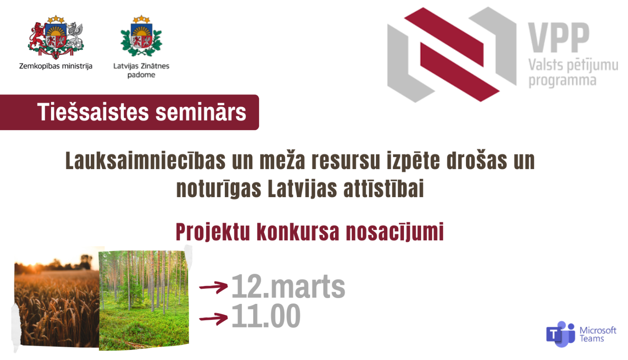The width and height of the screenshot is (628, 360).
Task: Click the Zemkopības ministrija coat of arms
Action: [56, 37]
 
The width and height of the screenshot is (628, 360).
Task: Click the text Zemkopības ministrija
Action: [56, 66]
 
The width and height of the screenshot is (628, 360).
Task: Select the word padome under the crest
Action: [142, 75]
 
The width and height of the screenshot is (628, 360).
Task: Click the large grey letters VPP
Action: [559, 38]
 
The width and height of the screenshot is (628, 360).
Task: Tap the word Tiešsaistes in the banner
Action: [93, 112]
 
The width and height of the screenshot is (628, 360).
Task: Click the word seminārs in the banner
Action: [201, 113]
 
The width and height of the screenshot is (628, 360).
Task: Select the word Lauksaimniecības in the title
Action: [145, 161]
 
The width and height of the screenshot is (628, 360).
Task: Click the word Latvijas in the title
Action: [302, 189]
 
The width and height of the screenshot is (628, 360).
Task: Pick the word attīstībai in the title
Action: [383, 188]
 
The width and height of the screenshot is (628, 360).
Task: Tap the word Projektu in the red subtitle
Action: [213, 232]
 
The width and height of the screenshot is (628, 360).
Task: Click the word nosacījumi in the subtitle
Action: [395, 232]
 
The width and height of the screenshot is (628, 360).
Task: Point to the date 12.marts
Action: [288, 287]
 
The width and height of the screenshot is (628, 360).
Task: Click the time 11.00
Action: [266, 316]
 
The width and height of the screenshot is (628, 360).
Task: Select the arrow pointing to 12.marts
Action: [214, 287]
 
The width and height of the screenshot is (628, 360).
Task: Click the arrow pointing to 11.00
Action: [214, 318]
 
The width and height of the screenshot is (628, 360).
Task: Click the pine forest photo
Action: [144, 301]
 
